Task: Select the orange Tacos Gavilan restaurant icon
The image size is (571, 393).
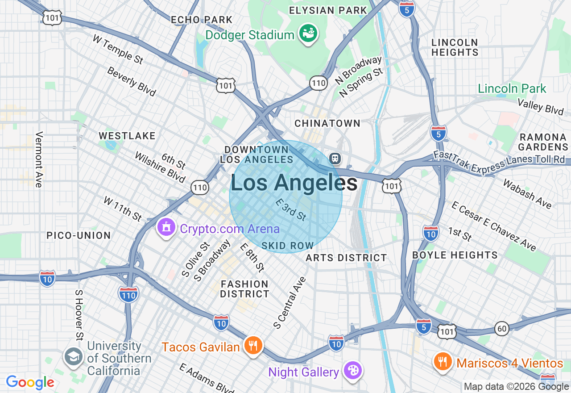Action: click(x=253, y=345)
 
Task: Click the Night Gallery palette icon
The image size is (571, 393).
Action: click(x=352, y=371)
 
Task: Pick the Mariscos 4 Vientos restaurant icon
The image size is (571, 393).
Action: click(x=443, y=361)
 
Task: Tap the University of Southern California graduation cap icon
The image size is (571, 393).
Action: click(x=73, y=357)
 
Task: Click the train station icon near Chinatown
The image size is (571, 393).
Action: click(x=335, y=158)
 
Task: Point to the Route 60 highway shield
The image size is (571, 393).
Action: click(x=502, y=329)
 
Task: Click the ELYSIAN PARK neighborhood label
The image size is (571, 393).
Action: click(x=328, y=10)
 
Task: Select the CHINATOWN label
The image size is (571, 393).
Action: click(x=327, y=123)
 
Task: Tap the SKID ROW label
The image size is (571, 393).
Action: click(x=288, y=246)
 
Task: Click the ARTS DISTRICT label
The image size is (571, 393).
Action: click(x=346, y=258)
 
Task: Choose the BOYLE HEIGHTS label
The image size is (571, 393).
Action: click(x=455, y=255)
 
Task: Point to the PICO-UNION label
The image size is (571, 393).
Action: click(x=79, y=235)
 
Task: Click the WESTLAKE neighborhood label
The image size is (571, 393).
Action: click(x=127, y=136)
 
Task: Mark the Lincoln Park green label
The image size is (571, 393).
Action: click(x=512, y=88)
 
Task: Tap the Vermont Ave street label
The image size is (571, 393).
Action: click(x=39, y=159)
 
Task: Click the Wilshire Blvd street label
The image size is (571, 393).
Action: click(x=160, y=167)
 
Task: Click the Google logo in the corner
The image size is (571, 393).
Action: click(x=30, y=382)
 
